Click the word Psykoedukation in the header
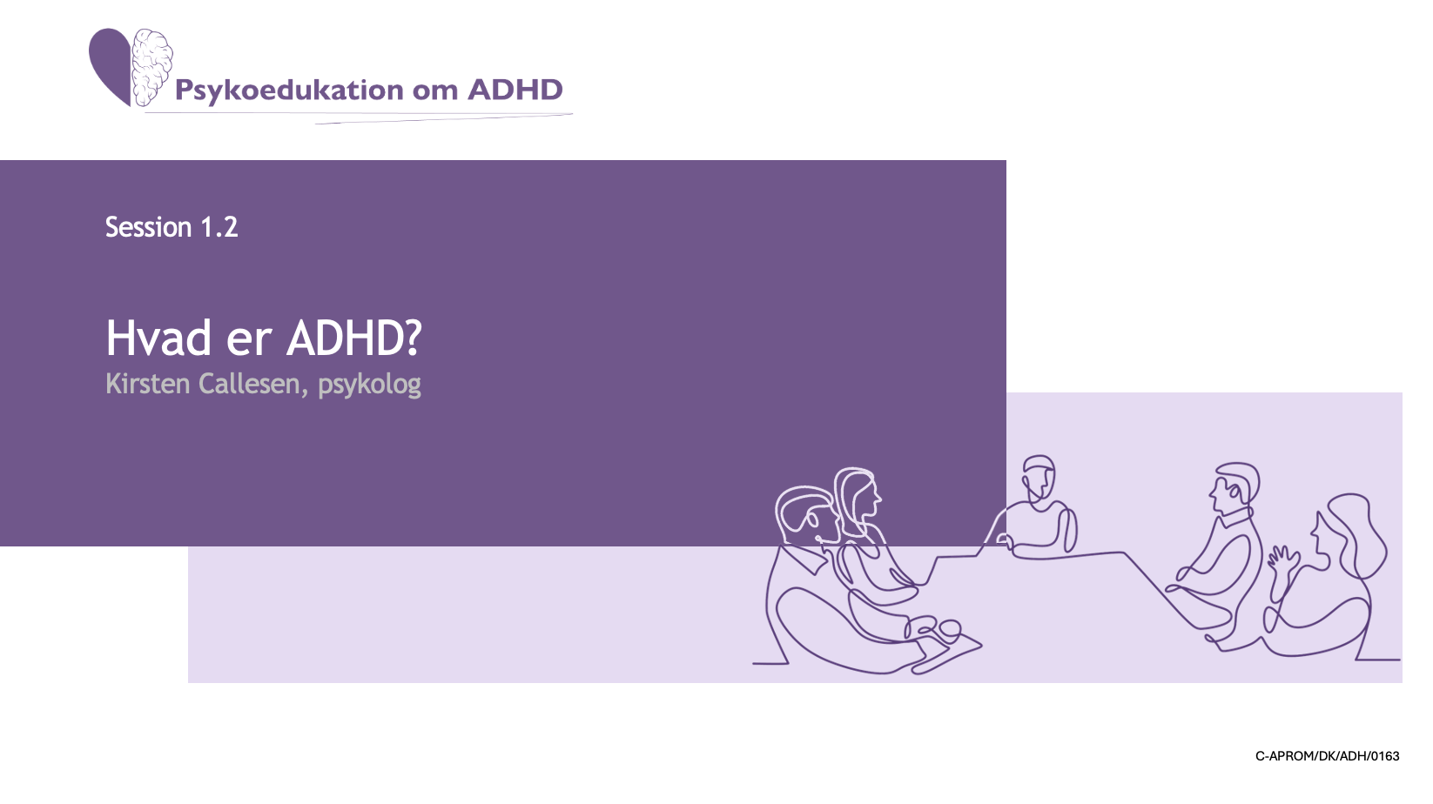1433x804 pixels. point(289,90)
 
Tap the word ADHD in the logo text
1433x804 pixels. point(515,90)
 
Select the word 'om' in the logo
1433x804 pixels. point(435,92)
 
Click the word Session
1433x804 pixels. point(148,228)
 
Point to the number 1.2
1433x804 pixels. point(219,228)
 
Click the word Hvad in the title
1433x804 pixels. point(158,338)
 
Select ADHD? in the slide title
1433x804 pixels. point(353,338)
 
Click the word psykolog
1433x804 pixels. point(369,385)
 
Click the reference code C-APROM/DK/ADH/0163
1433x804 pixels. point(1328,756)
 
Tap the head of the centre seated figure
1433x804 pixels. point(1039,477)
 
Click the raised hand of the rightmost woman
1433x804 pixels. point(1283,560)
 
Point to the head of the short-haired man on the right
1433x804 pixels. point(1234,487)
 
